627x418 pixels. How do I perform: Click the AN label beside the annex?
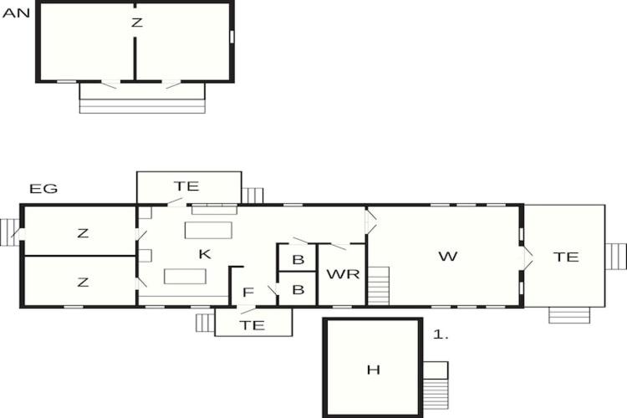(17, 13)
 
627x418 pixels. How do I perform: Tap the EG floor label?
(43, 188)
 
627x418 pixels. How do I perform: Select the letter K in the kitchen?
(205, 254)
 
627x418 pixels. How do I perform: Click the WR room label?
(343, 274)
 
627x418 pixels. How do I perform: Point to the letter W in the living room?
(448, 257)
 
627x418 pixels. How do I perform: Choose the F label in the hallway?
(248, 293)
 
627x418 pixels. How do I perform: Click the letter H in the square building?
(373, 370)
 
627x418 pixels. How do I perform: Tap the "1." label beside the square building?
(441, 334)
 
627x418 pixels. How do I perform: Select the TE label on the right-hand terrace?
(566, 257)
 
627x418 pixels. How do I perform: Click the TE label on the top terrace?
(186, 186)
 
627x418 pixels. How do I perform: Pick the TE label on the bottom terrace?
(252, 325)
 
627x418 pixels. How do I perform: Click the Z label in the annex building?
(137, 23)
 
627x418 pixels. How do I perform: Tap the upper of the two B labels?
(298, 260)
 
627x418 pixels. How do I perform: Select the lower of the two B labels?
(298, 289)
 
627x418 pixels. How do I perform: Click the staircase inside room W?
(378, 286)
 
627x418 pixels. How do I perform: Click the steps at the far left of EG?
(9, 232)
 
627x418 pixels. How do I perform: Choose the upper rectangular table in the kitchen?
(208, 231)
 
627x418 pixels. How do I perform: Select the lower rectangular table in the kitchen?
(185, 277)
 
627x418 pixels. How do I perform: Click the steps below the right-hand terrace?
(569, 315)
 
